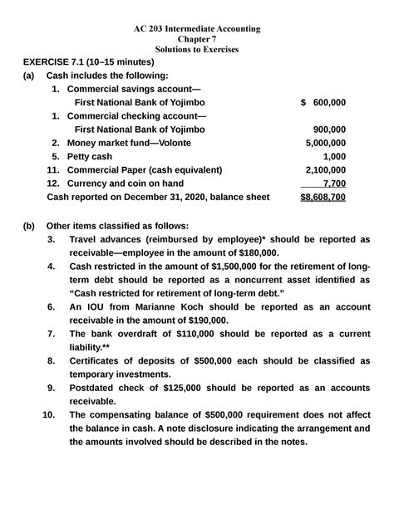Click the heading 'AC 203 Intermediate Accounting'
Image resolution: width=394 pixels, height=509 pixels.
click(x=197, y=29)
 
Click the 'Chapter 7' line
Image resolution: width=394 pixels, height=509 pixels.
click(x=197, y=39)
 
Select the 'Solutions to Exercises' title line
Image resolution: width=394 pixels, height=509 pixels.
click(x=197, y=50)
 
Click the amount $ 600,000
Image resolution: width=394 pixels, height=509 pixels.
click(x=323, y=102)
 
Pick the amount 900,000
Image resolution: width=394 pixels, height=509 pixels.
click(x=329, y=130)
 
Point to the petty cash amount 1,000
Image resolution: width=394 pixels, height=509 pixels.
click(x=334, y=156)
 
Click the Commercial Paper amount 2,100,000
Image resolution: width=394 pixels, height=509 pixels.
click(x=324, y=169)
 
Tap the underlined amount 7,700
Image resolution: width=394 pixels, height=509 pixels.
click(x=332, y=183)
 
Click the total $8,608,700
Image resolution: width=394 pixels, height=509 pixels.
click(x=323, y=197)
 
